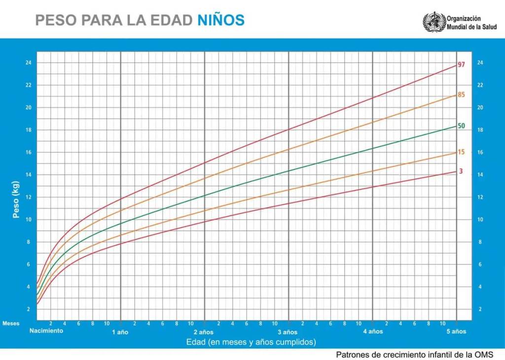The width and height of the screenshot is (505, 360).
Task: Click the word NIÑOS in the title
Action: point(221,20)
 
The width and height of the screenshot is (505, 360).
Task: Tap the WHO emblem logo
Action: point(433,22)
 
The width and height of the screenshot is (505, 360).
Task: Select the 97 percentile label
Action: point(462,65)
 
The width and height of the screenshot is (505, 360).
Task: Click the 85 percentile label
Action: point(462,94)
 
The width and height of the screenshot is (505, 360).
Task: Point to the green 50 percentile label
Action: point(462,126)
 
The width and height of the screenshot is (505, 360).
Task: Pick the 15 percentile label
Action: point(462,152)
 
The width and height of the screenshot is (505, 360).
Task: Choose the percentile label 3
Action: point(461,171)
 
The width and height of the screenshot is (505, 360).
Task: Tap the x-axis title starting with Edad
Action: point(251,341)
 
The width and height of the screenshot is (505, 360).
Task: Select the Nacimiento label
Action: point(46,331)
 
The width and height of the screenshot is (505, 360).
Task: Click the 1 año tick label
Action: point(120,332)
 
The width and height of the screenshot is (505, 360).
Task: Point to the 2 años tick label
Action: point(204,332)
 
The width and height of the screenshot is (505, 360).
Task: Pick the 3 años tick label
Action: point(288,332)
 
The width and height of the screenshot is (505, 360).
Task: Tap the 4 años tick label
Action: point(373,332)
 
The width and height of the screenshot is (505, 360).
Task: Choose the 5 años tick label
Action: point(456,332)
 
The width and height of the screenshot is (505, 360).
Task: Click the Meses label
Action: point(11,324)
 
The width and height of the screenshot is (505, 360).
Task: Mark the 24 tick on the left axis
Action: point(29,63)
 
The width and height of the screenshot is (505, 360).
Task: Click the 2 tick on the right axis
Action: point(479,309)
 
